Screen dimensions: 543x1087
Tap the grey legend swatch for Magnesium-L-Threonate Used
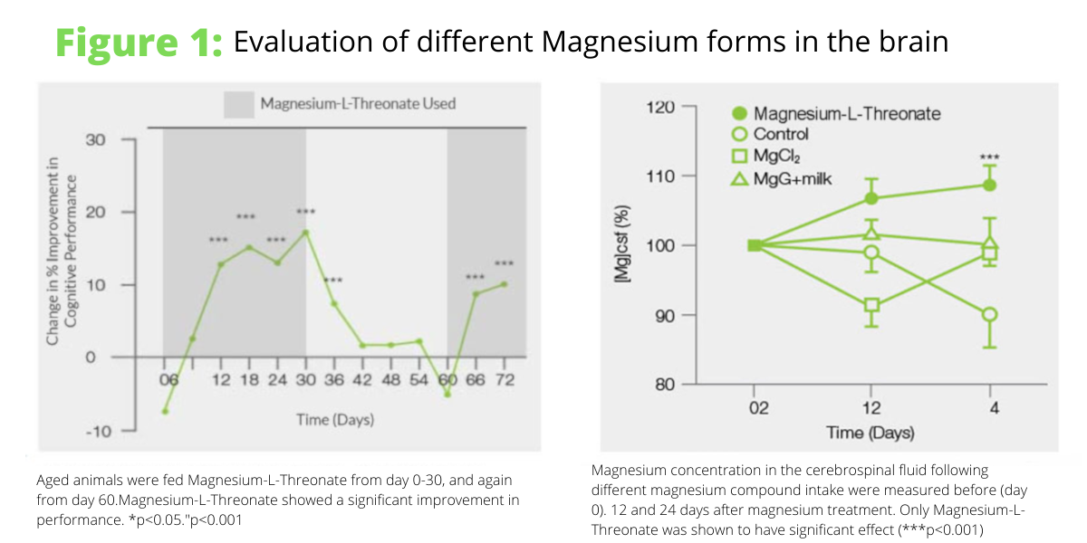click(x=238, y=103)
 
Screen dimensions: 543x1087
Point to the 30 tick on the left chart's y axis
click(x=96, y=140)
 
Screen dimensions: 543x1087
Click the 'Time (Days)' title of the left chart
click(x=335, y=419)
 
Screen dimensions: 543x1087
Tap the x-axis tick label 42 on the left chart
click(x=361, y=380)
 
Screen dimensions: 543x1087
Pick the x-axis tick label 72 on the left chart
click(x=504, y=380)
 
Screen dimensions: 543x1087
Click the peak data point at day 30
click(x=305, y=233)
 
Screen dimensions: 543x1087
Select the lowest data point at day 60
click(x=447, y=394)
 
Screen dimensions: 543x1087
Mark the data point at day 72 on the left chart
click(x=504, y=284)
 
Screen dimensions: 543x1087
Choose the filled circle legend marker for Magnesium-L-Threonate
click(x=739, y=114)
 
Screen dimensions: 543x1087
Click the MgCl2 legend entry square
click(x=739, y=157)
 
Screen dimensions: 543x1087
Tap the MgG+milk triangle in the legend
click(x=739, y=178)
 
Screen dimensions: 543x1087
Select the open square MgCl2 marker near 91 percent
click(x=872, y=305)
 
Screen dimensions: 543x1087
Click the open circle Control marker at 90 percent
click(x=990, y=315)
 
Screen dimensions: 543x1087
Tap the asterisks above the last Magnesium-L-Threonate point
click(x=990, y=157)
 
